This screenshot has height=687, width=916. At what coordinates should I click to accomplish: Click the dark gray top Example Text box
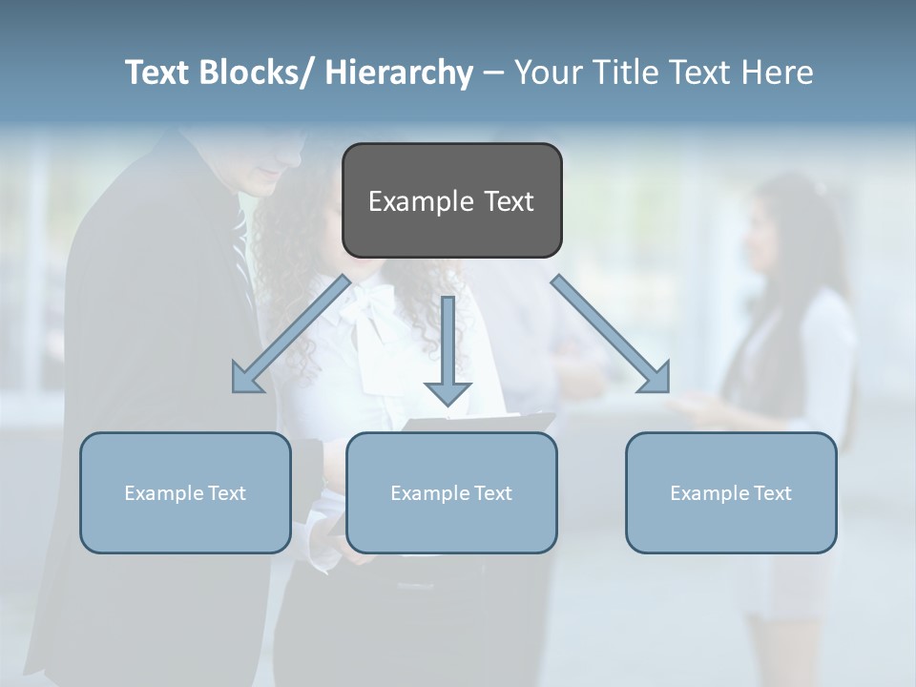[451, 200]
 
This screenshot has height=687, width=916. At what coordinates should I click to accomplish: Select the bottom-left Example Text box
[185, 492]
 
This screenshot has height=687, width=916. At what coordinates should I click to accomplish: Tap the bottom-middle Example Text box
[451, 492]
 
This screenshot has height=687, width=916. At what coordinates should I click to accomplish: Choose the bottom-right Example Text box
[731, 492]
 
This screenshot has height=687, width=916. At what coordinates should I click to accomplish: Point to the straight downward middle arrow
[448, 348]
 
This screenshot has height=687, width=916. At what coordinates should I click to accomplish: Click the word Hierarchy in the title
[399, 73]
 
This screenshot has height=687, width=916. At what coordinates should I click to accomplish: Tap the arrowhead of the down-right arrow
[655, 378]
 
